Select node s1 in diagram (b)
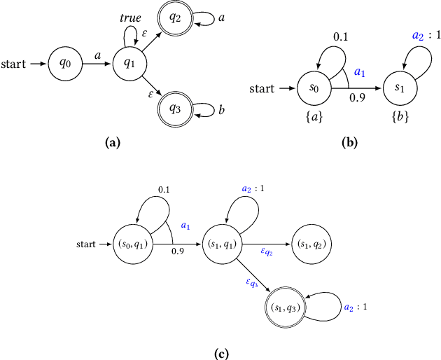400,89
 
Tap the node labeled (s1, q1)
221,244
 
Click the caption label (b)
350,142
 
